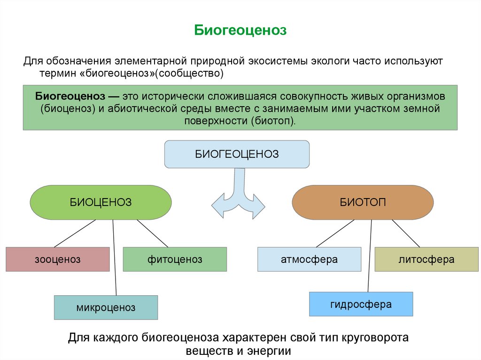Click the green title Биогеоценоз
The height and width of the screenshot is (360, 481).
tap(240, 31)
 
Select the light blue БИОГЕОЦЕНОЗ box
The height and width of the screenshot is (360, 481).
tap(237, 154)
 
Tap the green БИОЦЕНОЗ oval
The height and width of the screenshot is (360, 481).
tap(101, 202)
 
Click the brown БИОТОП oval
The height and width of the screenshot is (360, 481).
tap(363, 202)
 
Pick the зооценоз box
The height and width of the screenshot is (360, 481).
tap(57, 259)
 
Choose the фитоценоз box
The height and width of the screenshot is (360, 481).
tap(175, 259)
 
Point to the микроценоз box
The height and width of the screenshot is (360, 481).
tap(106, 308)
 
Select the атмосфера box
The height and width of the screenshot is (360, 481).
tap(309, 259)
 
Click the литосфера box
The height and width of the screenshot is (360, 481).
tap(427, 259)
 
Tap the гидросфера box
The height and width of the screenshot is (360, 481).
tap(361, 304)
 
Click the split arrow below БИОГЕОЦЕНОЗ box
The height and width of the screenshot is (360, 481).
tap(238, 195)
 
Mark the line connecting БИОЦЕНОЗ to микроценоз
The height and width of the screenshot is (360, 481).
tap(115, 258)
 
